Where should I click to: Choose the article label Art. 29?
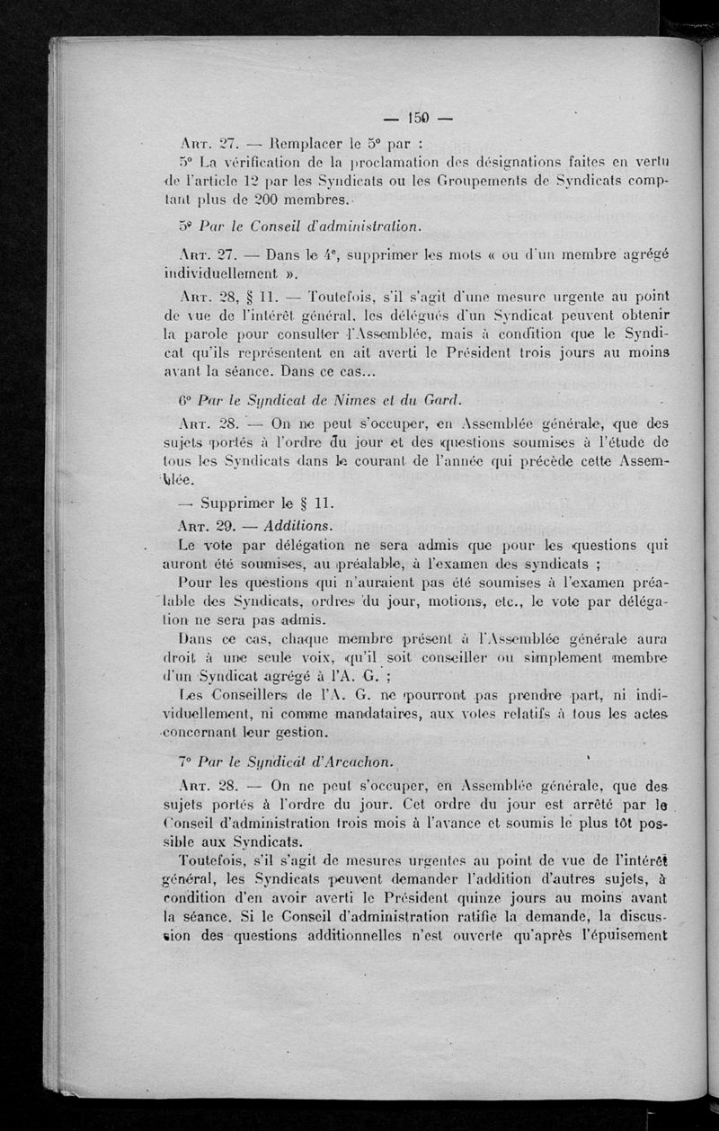pyautogui.click(x=210, y=524)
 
